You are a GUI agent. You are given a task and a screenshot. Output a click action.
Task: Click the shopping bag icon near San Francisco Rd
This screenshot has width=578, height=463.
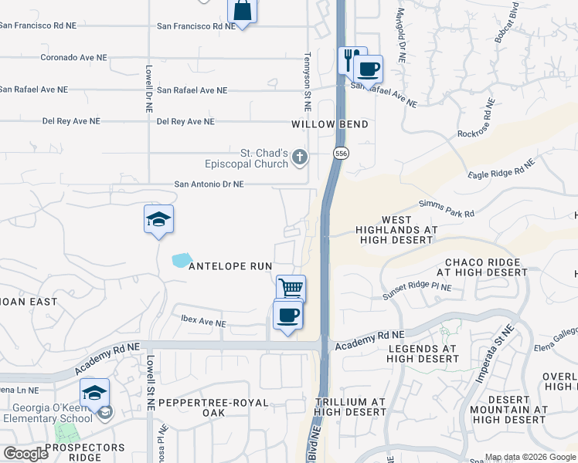(x=242, y=11)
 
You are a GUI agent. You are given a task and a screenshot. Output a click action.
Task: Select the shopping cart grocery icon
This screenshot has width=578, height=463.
(x=291, y=289)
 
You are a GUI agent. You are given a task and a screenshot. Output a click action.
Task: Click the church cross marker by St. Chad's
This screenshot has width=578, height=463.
(x=300, y=158)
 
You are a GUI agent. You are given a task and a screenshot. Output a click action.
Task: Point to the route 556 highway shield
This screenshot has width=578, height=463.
(x=340, y=154)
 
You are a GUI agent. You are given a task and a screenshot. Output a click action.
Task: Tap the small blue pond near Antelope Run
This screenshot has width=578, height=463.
(x=182, y=260)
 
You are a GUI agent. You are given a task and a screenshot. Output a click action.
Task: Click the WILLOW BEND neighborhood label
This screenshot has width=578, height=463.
(x=329, y=124)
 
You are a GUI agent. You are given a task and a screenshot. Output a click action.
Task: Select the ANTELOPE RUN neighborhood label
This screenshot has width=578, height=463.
(x=230, y=266)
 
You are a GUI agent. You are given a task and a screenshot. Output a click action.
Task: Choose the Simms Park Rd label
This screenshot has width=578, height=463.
(x=447, y=208)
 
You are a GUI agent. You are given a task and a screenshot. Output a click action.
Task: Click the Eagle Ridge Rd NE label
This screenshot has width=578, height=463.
(x=501, y=171)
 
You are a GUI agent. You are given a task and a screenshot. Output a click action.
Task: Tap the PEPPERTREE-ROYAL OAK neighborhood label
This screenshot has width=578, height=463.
(x=212, y=407)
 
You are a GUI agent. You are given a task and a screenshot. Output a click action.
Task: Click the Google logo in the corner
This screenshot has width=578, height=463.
(x=25, y=453)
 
